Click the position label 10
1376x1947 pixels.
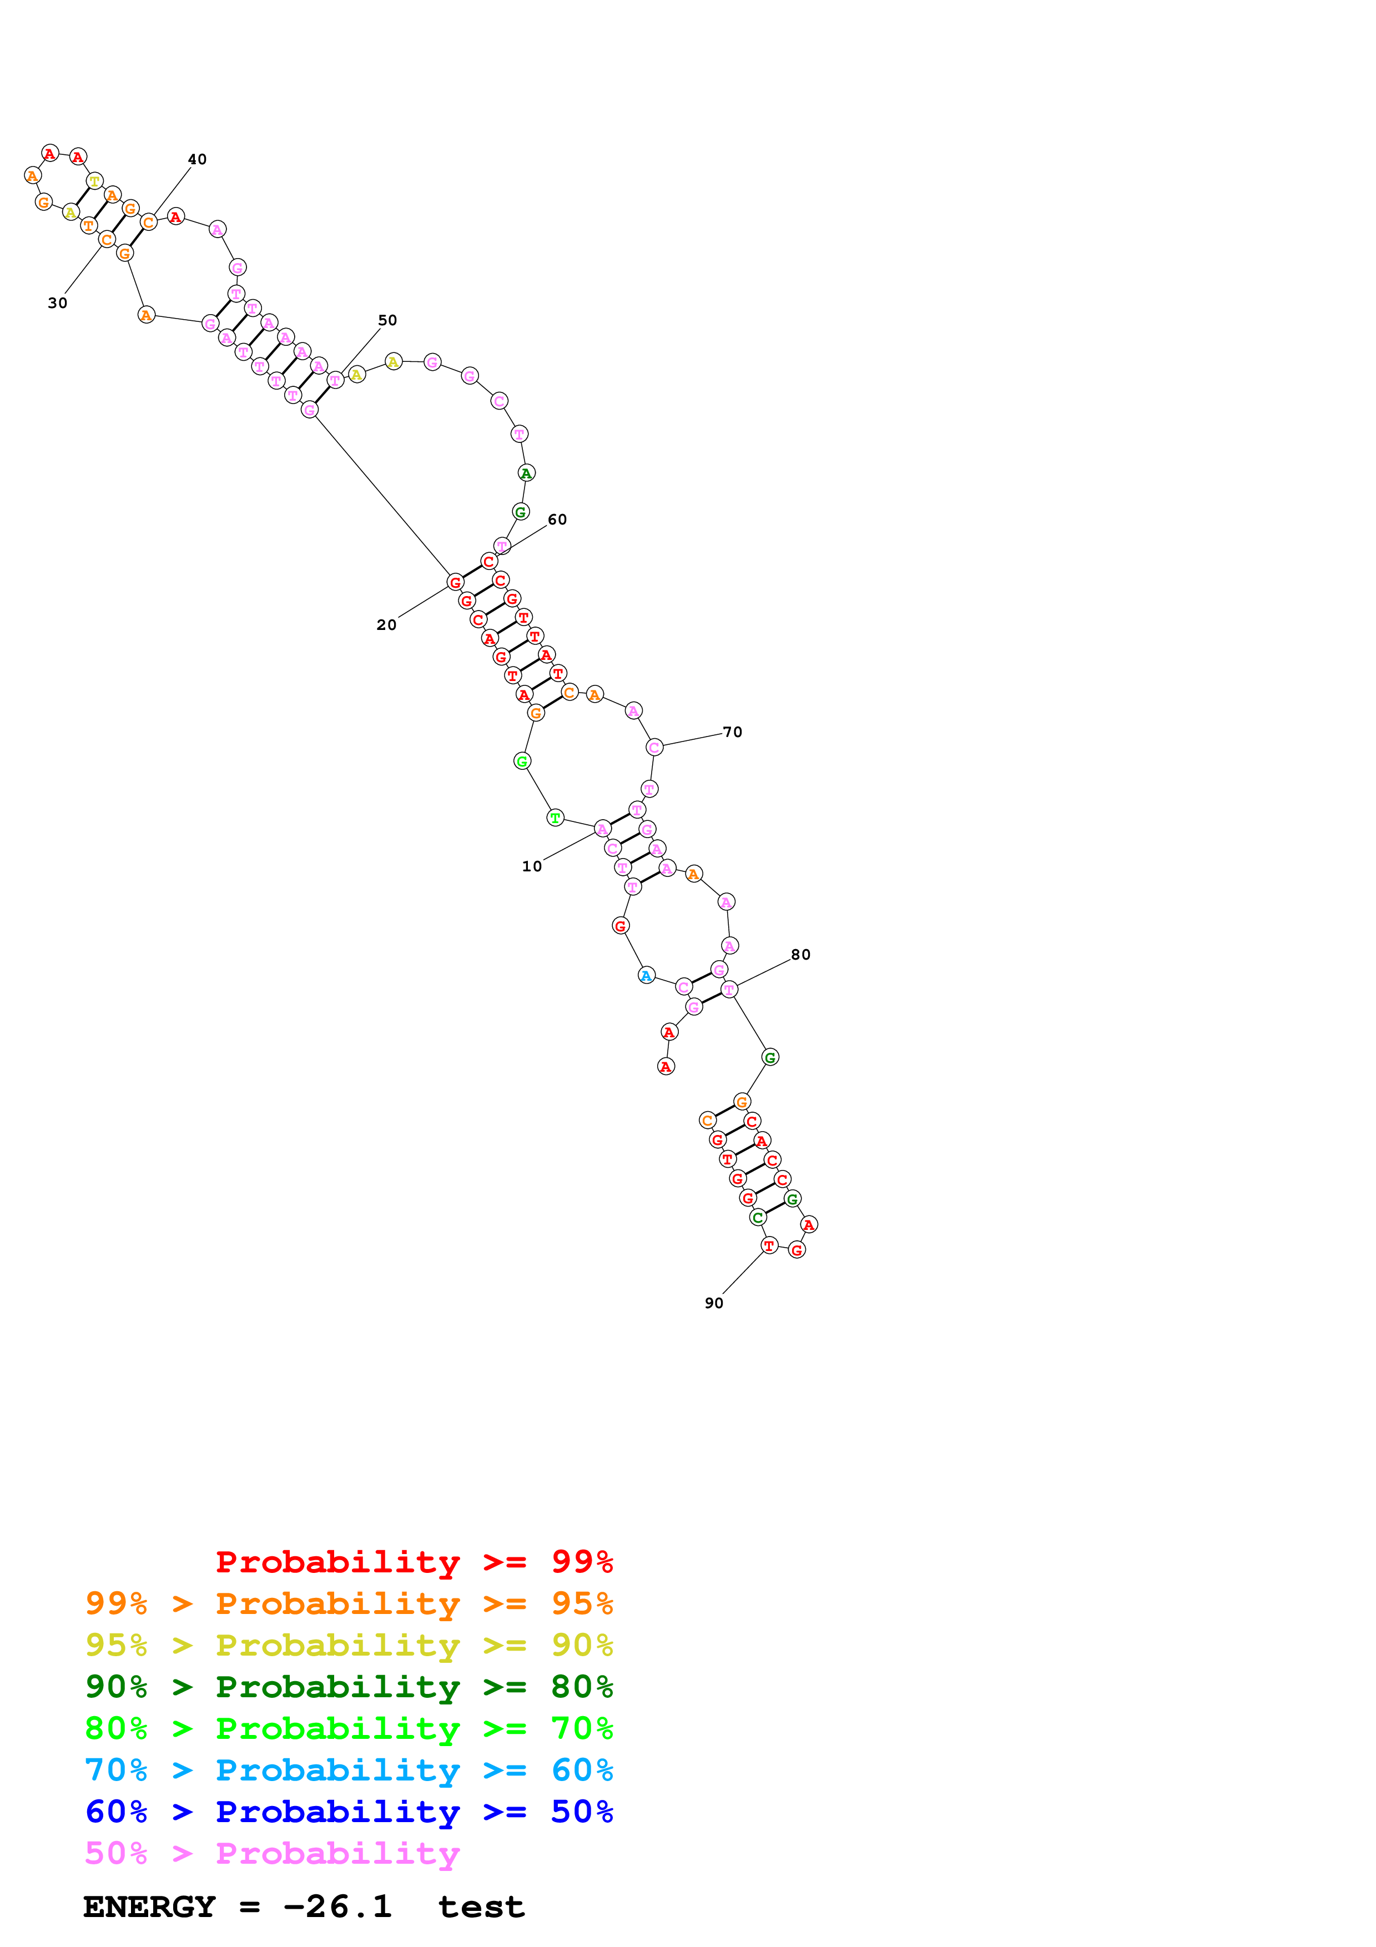532,866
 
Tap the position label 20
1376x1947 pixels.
387,625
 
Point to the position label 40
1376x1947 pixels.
196,159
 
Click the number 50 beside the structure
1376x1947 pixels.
387,321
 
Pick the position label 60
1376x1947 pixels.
557,520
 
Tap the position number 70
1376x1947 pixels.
733,732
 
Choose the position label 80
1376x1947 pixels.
801,955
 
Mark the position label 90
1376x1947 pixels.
714,1303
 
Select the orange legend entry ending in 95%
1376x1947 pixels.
349,1603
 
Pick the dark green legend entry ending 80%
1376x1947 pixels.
349,1687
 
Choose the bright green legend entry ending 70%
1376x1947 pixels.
349,1728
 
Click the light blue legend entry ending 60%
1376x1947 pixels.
349,1770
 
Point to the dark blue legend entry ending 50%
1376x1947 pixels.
349,1812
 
